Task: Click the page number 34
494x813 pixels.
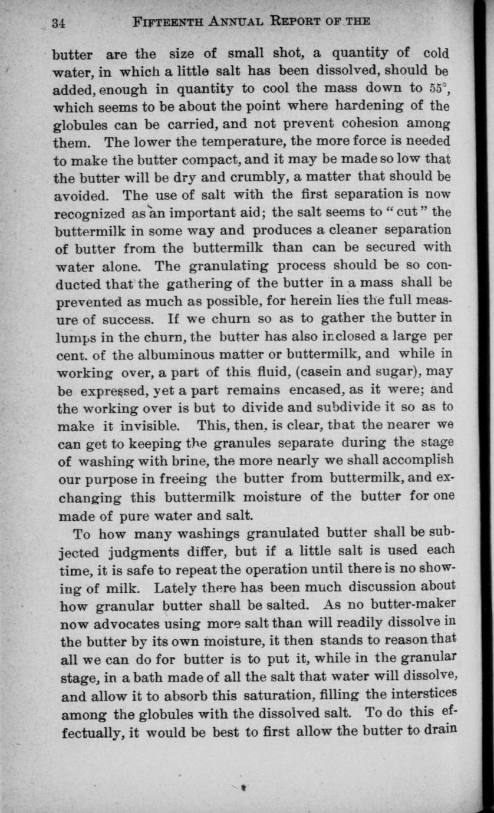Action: click(x=58, y=24)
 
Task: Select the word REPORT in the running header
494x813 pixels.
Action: click(x=299, y=22)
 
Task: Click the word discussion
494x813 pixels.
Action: click(x=361, y=587)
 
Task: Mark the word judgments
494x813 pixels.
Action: click(x=146, y=553)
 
